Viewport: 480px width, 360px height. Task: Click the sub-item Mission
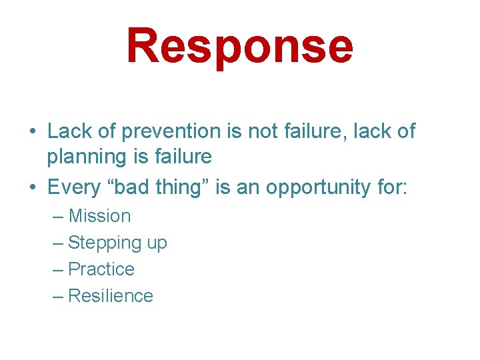tap(99, 216)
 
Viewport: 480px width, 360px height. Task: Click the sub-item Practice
tap(101, 269)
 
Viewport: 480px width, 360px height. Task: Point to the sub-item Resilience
tap(111, 296)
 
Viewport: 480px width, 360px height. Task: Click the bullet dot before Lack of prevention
tap(32, 132)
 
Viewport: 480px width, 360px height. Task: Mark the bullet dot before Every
tap(32, 188)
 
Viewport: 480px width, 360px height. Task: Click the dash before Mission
tap(57, 217)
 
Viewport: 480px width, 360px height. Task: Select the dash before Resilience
tap(57, 297)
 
